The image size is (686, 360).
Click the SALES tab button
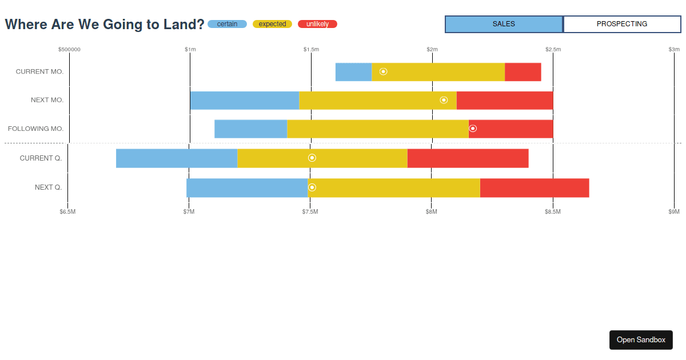[x=504, y=24]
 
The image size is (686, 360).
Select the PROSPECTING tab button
[x=622, y=24]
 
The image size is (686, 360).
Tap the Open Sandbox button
[x=641, y=339]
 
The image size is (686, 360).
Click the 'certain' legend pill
[x=227, y=24]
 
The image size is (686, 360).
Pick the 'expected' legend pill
[x=272, y=24]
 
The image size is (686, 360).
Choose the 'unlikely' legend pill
[x=317, y=24]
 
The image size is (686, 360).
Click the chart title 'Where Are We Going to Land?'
[x=105, y=25]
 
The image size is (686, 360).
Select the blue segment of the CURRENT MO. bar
[x=353, y=72]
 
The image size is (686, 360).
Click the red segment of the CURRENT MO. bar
[x=523, y=72]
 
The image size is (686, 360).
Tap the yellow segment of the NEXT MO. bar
[x=377, y=100]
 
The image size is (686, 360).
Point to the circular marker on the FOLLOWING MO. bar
[x=473, y=129]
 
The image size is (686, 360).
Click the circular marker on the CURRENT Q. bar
[x=312, y=158]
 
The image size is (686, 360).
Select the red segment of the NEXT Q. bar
[x=534, y=187]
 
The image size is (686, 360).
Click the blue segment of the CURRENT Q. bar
[x=176, y=158]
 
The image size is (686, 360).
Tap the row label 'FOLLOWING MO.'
[x=35, y=129]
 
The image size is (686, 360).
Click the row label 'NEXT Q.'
[x=48, y=187]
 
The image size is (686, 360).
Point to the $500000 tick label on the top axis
[x=69, y=49]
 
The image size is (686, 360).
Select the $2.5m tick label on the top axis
[x=553, y=49]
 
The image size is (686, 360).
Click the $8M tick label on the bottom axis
[x=432, y=212]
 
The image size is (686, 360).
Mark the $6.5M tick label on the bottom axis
[x=67, y=212]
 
